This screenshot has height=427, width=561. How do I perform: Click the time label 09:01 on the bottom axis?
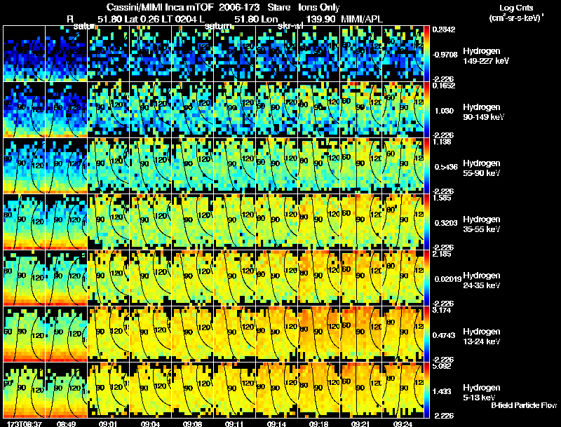108,423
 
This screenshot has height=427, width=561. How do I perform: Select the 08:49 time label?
66,423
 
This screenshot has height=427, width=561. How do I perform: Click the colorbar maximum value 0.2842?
445,29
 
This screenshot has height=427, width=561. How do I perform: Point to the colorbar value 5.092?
445,365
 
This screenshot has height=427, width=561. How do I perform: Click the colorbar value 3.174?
445,309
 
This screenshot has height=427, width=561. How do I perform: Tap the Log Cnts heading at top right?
514,8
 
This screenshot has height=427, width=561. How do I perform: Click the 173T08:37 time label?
24,423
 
